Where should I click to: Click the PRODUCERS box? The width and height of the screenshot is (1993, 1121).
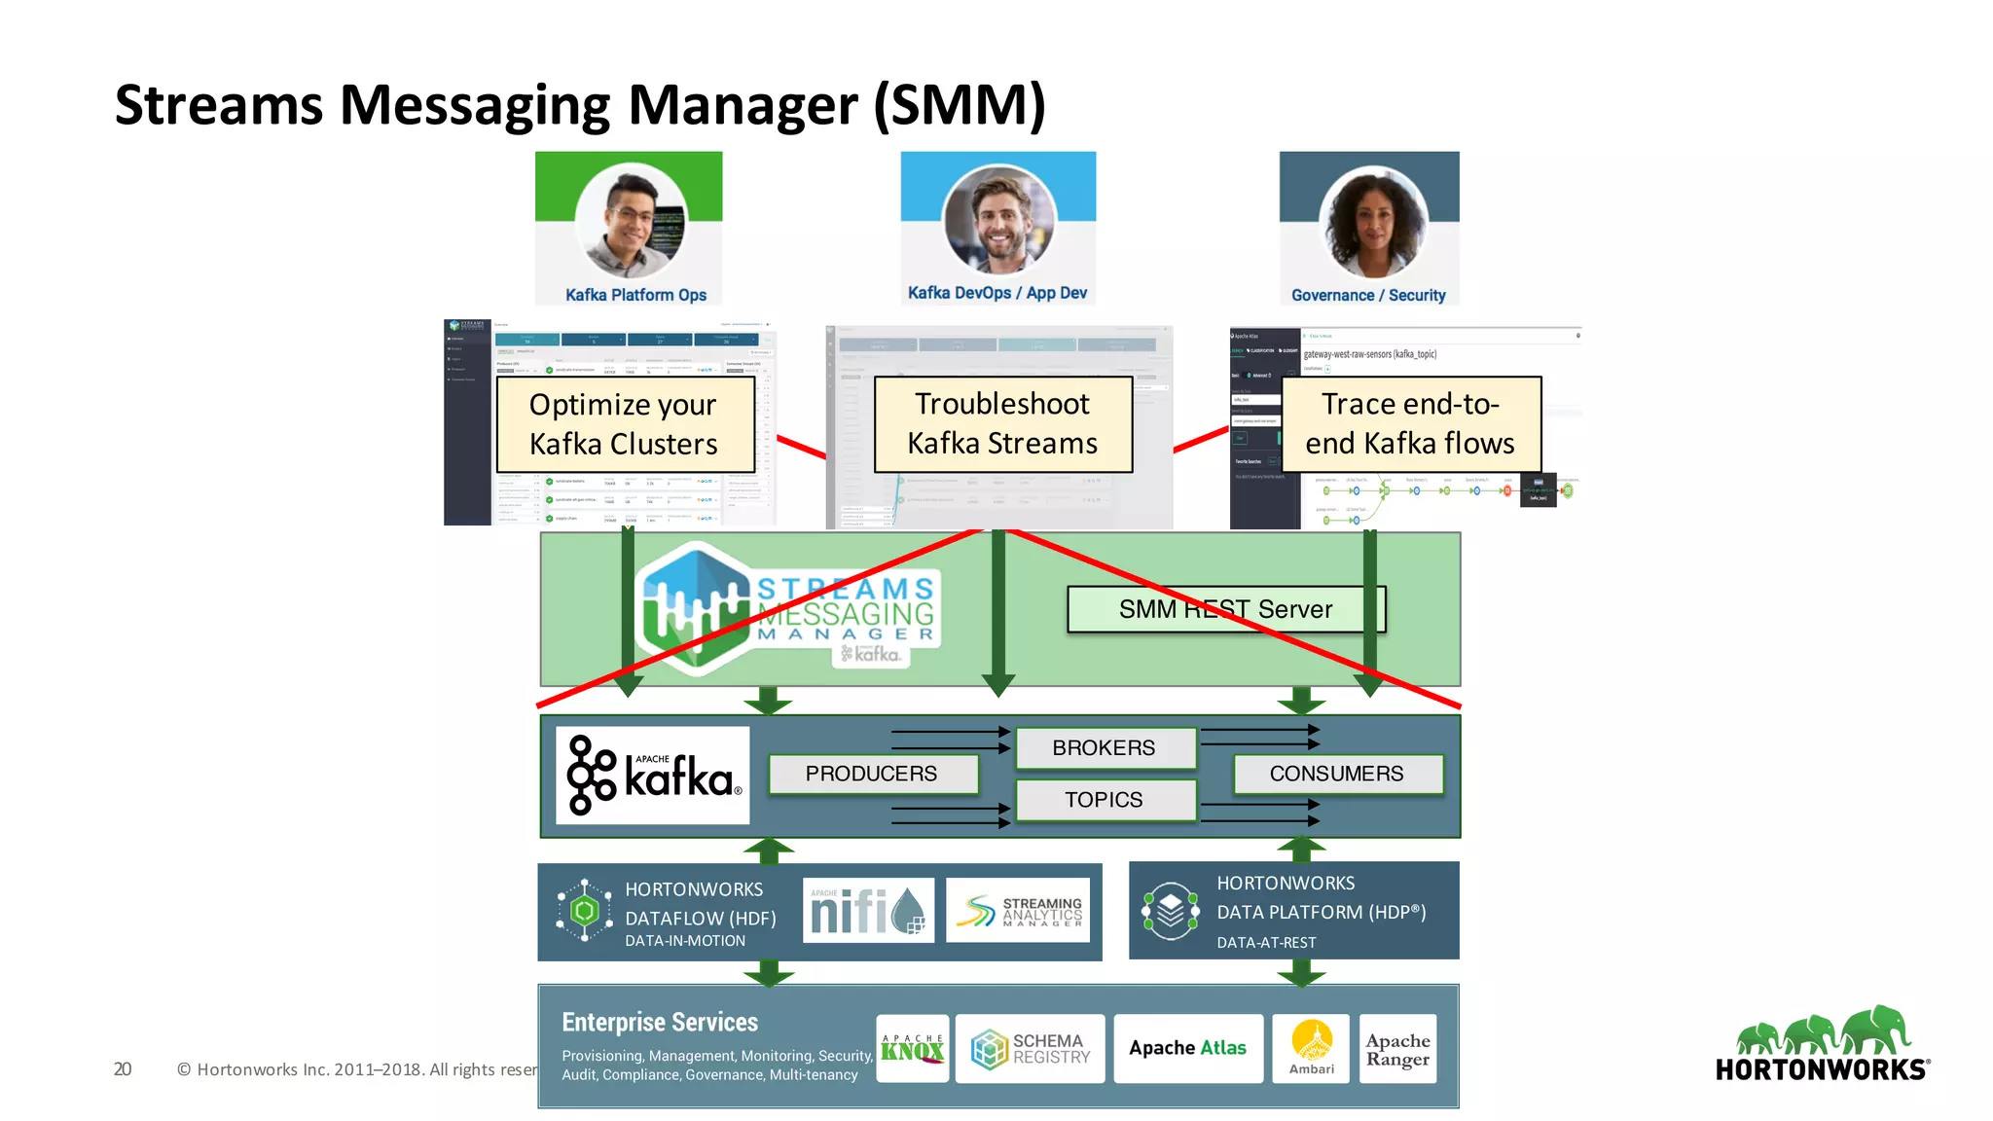point(872,774)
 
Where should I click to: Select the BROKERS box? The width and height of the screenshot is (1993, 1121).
point(1105,747)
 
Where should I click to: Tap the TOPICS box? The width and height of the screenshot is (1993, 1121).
point(1105,800)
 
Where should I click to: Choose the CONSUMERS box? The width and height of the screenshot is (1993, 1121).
point(1337,774)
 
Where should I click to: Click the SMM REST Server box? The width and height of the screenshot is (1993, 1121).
point(1226,609)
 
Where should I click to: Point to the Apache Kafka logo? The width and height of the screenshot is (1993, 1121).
point(653,776)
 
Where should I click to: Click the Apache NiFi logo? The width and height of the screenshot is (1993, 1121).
point(868,911)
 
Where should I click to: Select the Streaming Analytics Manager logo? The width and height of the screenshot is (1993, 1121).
point(1017,911)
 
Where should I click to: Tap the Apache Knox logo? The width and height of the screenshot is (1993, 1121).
point(912,1048)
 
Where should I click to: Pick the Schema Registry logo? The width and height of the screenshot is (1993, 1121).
point(1030,1049)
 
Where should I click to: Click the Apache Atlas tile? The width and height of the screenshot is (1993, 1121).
point(1188,1048)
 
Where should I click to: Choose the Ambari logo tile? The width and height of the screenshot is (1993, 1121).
point(1312,1048)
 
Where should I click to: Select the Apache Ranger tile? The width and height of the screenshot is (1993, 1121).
point(1398,1049)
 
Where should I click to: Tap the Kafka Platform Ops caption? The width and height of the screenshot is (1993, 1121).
point(635,295)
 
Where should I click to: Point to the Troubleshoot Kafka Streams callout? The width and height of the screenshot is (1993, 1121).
point(1002,424)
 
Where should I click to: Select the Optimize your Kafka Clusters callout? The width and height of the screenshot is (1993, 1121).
point(625,424)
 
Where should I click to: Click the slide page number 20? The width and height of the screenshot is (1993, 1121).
point(123,1069)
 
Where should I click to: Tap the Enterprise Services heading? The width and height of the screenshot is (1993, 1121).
point(660,1022)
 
